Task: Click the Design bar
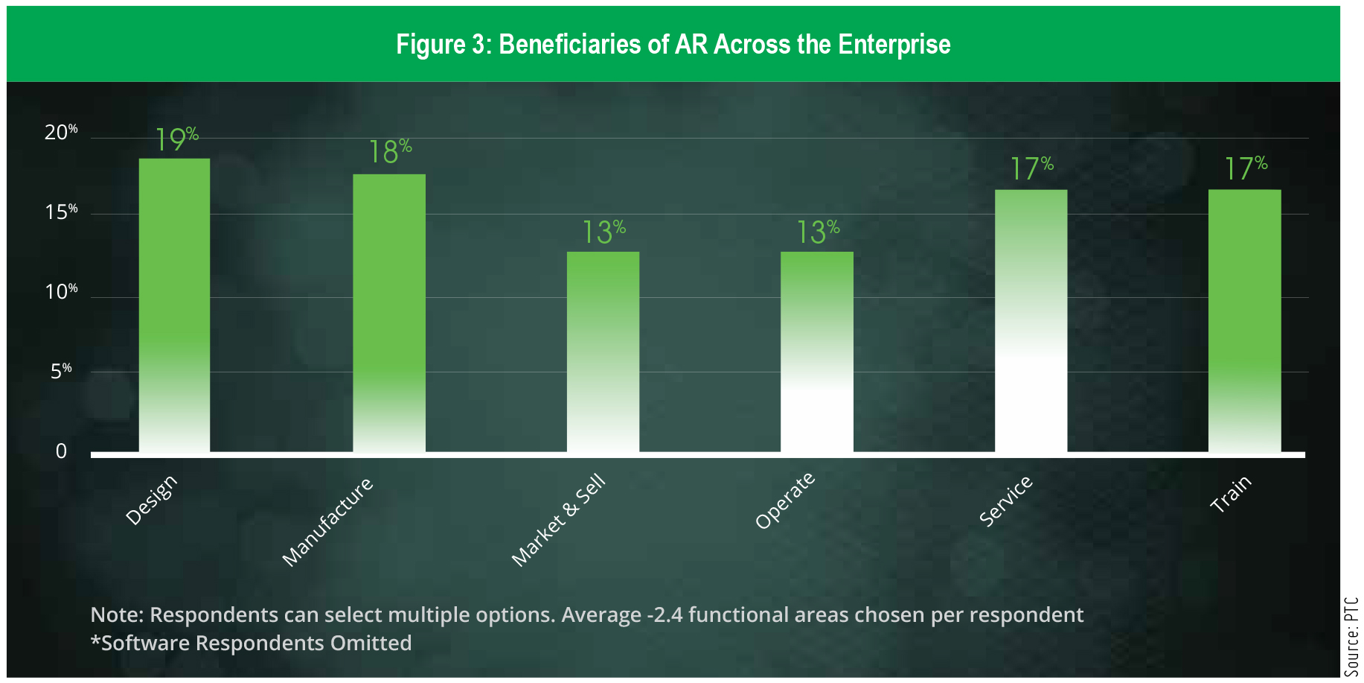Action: [174, 305]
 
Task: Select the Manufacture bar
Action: [389, 313]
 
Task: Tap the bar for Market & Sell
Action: [603, 352]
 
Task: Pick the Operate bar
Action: [817, 352]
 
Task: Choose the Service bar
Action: [1031, 321]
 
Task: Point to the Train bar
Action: [1245, 321]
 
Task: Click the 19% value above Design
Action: [177, 139]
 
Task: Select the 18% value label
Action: [391, 151]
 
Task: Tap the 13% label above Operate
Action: [819, 232]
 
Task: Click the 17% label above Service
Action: [1032, 168]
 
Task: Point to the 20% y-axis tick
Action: [61, 132]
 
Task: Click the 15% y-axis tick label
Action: [61, 212]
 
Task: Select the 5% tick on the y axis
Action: [61, 370]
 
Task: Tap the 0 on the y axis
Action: [61, 451]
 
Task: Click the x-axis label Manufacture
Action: [327, 522]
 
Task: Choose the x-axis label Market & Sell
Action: [559, 520]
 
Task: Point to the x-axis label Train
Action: [1231, 494]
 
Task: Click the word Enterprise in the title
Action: [894, 44]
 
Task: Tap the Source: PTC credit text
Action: [1351, 636]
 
